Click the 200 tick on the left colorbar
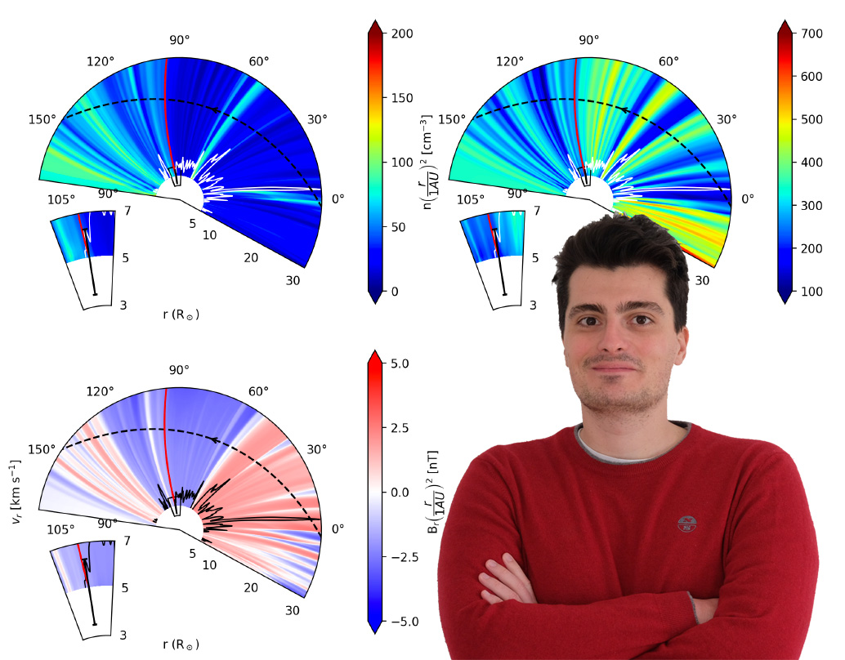click(x=402, y=33)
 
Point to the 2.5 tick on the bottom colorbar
click(x=402, y=427)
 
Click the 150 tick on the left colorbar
click(x=402, y=98)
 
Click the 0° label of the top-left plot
click(x=337, y=198)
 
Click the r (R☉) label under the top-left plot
click(x=181, y=314)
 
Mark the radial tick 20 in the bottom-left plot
click(x=251, y=588)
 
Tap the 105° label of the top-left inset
click(x=60, y=198)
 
